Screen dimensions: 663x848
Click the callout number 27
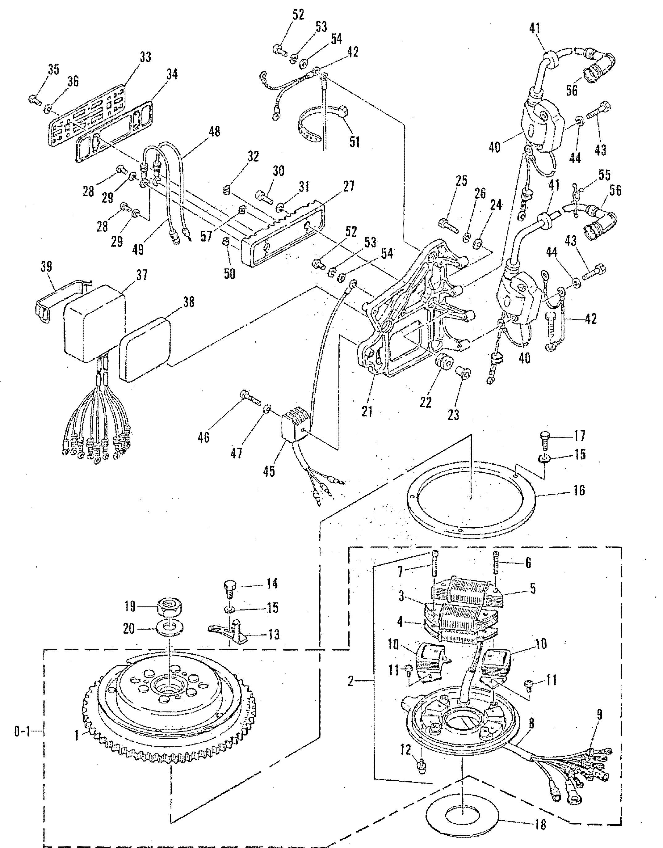(349, 187)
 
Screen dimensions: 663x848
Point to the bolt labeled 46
(251, 398)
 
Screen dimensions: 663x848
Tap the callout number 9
(600, 715)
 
